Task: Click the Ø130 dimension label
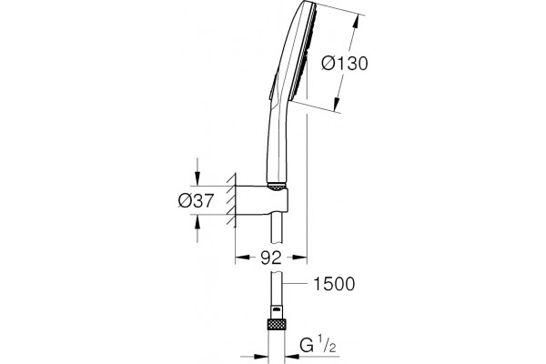point(344,64)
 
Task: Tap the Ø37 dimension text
point(196,200)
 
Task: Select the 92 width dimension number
point(270,258)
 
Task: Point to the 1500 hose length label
point(334,284)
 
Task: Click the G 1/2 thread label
point(318,345)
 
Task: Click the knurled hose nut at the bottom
point(276,324)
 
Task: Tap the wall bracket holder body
point(262,200)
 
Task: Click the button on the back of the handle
point(273,86)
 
